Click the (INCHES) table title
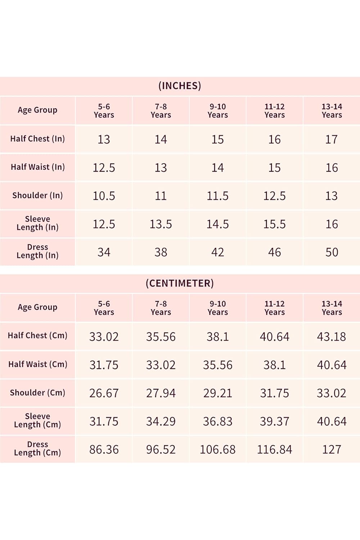pos(180,86)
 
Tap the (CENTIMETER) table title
pos(180,283)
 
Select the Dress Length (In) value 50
pos(332,252)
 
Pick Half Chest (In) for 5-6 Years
pos(104,139)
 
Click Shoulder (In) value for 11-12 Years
pos(274,196)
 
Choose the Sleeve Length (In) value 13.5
pos(161,224)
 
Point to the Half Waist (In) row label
pos(37,167)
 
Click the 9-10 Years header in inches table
pos(217,111)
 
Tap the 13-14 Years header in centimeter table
pos(332,308)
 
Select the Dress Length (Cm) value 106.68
pos(217,449)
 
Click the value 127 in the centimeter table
pos(332,449)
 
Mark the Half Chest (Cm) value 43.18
pos(332,337)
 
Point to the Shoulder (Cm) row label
pos(37,393)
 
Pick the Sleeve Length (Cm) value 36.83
pos(217,421)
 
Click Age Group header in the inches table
pos(37,110)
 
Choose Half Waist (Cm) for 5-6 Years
pos(104,365)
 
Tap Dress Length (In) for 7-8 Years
pos(161,252)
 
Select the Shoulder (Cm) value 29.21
pos(217,393)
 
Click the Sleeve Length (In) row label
pos(37,223)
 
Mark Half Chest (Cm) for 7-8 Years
pos(161,337)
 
